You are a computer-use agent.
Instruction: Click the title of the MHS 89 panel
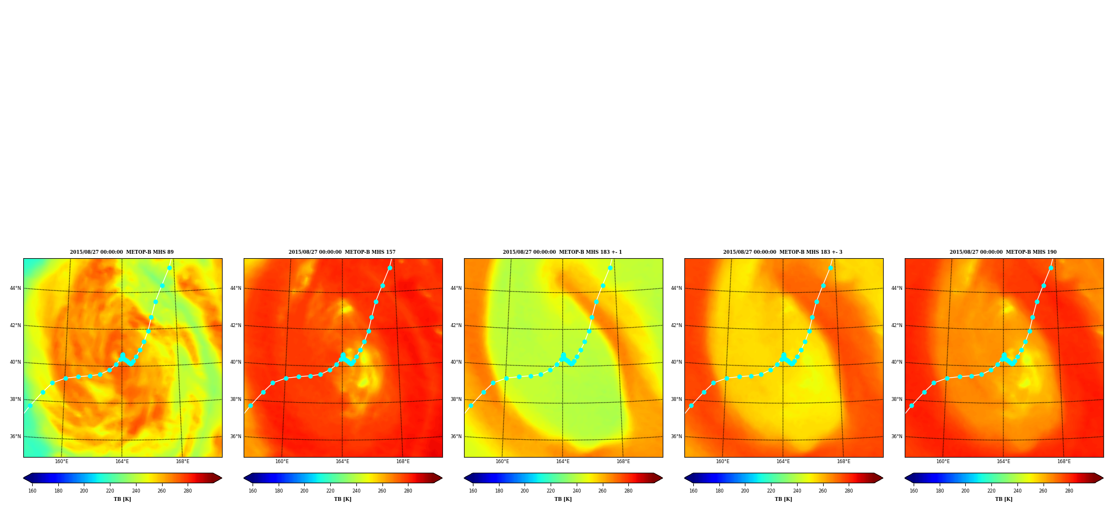(122, 252)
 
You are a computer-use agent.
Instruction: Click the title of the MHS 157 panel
(342, 252)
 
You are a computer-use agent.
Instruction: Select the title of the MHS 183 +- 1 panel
(562, 252)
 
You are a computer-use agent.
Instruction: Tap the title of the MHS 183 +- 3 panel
(783, 252)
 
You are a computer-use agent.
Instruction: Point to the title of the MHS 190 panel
(1003, 252)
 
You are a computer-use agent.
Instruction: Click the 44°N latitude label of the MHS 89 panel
(16, 288)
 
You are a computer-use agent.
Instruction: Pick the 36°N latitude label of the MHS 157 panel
(236, 436)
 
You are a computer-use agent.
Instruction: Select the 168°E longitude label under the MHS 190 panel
(1064, 461)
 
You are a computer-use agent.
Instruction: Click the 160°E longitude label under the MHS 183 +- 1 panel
(502, 461)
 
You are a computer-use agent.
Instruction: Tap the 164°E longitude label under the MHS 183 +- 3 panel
(783, 461)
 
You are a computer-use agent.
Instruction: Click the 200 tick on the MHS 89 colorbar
(84, 491)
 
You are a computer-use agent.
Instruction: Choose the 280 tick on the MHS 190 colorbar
(1069, 491)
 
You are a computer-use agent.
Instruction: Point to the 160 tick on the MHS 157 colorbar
(253, 491)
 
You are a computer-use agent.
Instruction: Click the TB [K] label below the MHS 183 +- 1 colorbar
(563, 499)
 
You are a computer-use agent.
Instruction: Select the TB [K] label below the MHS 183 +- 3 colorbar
(784, 499)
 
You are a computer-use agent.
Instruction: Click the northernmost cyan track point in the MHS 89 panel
(169, 268)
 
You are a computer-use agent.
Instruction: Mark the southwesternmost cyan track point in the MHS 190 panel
(911, 405)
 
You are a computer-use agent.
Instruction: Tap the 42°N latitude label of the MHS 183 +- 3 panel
(677, 325)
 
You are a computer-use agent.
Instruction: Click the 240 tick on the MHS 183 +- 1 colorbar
(577, 491)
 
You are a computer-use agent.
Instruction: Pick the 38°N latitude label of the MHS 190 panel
(897, 399)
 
